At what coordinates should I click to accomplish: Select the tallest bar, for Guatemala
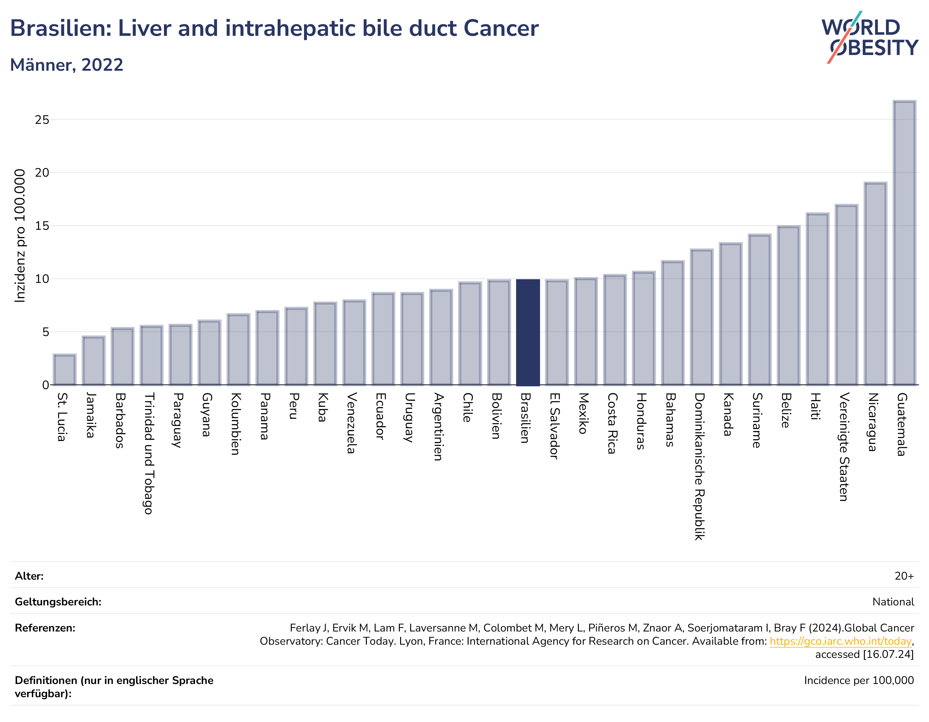[904, 243]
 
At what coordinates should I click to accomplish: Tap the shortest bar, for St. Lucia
[65, 370]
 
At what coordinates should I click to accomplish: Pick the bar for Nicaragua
[875, 284]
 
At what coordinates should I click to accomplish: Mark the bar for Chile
[470, 333]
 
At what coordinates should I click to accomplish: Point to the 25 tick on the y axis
[42, 120]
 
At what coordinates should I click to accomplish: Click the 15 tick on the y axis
[42, 226]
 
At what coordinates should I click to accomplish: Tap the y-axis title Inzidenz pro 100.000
[20, 236]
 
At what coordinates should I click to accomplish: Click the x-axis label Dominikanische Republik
[699, 466]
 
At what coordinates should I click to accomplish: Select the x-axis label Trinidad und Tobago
[149, 453]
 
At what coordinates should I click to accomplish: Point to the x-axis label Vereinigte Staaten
[844, 447]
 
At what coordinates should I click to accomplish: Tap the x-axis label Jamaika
[90, 415]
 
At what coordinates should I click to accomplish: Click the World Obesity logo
[869, 37]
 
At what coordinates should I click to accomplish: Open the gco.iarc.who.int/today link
[840, 641]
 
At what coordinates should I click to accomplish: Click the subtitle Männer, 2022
[67, 65]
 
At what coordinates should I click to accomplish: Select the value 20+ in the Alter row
[904, 576]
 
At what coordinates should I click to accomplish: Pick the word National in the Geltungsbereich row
[893, 602]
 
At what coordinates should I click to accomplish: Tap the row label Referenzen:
[45, 628]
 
